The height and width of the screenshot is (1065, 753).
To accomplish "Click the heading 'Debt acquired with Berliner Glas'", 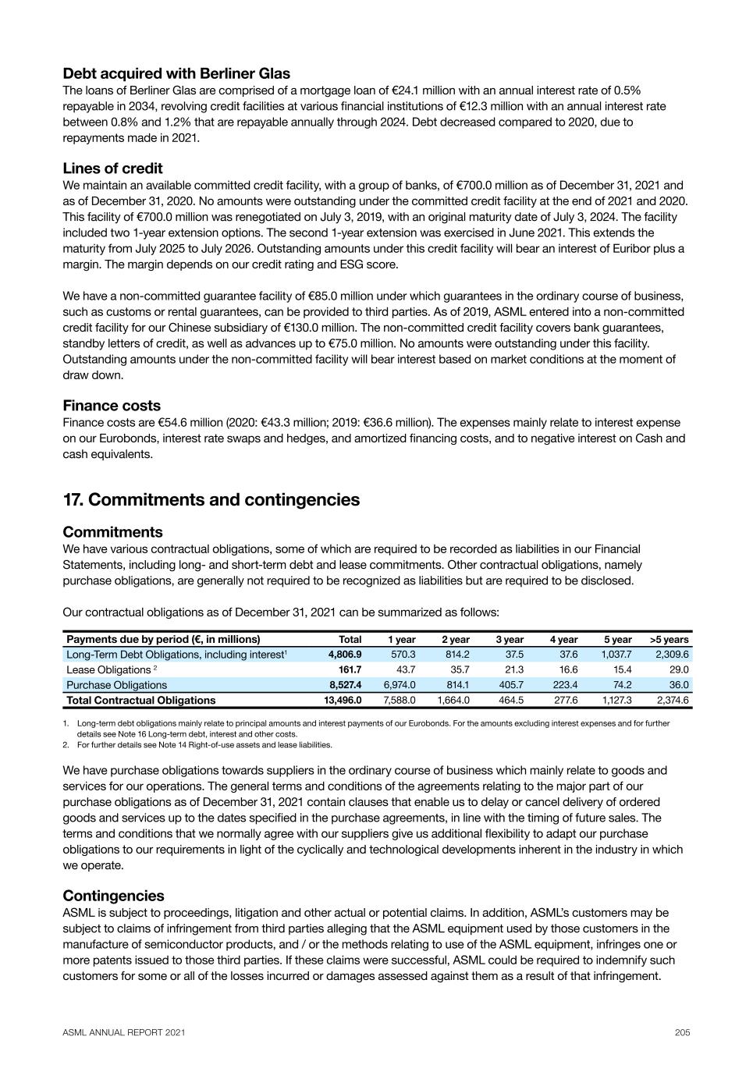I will [176, 73].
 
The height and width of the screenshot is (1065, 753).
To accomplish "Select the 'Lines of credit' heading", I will [112, 169].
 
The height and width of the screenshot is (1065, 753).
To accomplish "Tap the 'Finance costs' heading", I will [112, 406].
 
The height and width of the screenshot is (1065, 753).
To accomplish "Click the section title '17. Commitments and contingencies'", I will [211, 499].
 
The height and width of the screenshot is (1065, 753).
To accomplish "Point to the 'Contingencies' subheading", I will [113, 896].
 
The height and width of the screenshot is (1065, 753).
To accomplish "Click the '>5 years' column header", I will [670, 640].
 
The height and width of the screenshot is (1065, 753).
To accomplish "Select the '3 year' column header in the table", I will [510, 640].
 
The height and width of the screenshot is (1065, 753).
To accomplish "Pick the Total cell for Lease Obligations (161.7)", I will [349, 670].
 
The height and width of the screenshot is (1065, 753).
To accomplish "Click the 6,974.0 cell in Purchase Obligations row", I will [399, 685].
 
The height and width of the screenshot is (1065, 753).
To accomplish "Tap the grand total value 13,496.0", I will [343, 701].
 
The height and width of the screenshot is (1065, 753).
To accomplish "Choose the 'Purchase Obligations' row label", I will [116, 685].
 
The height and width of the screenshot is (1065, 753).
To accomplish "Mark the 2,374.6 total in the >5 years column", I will [673, 701].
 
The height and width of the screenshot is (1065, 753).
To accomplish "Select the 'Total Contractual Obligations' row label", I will [140, 701].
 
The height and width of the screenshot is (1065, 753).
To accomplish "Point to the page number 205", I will [682, 1033].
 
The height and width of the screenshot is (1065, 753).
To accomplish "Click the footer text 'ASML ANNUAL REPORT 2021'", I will [124, 1033].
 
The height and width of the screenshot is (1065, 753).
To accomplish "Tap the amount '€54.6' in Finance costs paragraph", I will [172, 422].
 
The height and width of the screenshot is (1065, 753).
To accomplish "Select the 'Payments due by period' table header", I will [163, 640].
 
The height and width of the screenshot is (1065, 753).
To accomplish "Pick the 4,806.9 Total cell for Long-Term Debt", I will [344, 655].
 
